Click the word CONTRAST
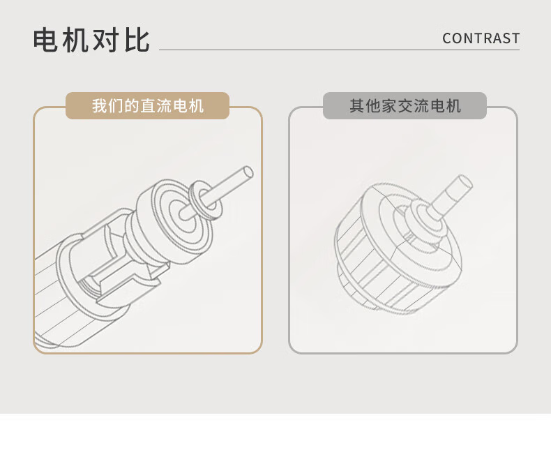(481, 38)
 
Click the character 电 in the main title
(45, 40)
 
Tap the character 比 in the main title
(137, 40)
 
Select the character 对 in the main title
(107, 40)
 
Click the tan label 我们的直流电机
(148, 106)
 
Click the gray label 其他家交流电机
(405, 106)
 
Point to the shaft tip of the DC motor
(248, 172)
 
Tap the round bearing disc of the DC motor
(174, 221)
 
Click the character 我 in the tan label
(100, 106)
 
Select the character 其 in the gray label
(356, 106)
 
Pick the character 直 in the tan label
(148, 106)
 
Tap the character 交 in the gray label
(405, 106)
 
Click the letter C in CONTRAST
(447, 38)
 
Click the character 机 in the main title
(75, 40)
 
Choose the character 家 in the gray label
(388, 106)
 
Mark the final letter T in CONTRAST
(515, 38)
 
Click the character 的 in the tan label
(132, 106)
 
